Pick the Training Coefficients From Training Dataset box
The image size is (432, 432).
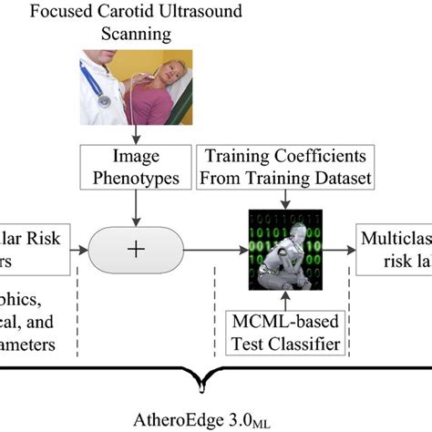[x=286, y=168]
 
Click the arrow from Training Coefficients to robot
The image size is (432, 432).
[x=285, y=201]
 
